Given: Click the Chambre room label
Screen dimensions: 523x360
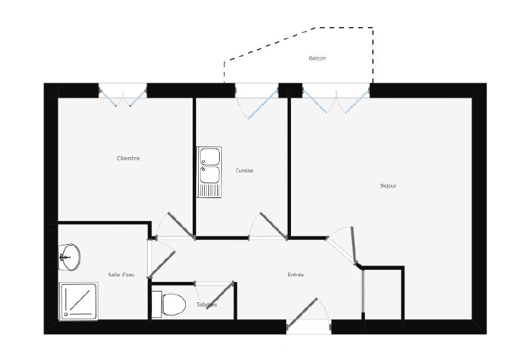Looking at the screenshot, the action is pyautogui.click(x=128, y=159).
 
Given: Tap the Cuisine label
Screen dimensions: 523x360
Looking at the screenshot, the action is pyautogui.click(x=244, y=171).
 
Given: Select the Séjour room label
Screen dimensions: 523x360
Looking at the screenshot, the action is pyautogui.click(x=388, y=186).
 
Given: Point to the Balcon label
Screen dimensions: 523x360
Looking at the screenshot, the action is pyautogui.click(x=317, y=58).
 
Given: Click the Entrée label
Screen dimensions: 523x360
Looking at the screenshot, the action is pyautogui.click(x=296, y=275).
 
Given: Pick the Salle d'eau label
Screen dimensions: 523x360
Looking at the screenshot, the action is pyautogui.click(x=121, y=275).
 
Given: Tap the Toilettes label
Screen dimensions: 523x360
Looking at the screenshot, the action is pyautogui.click(x=206, y=304).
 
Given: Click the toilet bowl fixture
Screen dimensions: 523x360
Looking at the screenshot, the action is pyautogui.click(x=169, y=304).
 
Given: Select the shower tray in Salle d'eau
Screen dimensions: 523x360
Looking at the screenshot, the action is pyautogui.click(x=79, y=301).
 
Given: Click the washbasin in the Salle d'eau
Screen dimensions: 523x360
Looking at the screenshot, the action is pyautogui.click(x=69, y=258).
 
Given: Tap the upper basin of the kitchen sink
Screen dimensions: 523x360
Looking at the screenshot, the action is pyautogui.click(x=210, y=157).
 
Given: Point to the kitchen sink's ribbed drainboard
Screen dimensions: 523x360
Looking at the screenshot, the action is pyautogui.click(x=210, y=191).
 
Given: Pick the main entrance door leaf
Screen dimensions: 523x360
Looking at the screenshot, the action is pyautogui.click(x=302, y=313).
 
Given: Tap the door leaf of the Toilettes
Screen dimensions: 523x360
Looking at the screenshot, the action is pyautogui.click(x=220, y=296).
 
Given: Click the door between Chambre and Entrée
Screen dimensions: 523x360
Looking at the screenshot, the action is pyautogui.click(x=181, y=226).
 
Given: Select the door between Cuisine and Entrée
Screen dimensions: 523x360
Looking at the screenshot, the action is pyautogui.click(x=273, y=226).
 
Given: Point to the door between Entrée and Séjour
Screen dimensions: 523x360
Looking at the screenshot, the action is pyautogui.click(x=354, y=245).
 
